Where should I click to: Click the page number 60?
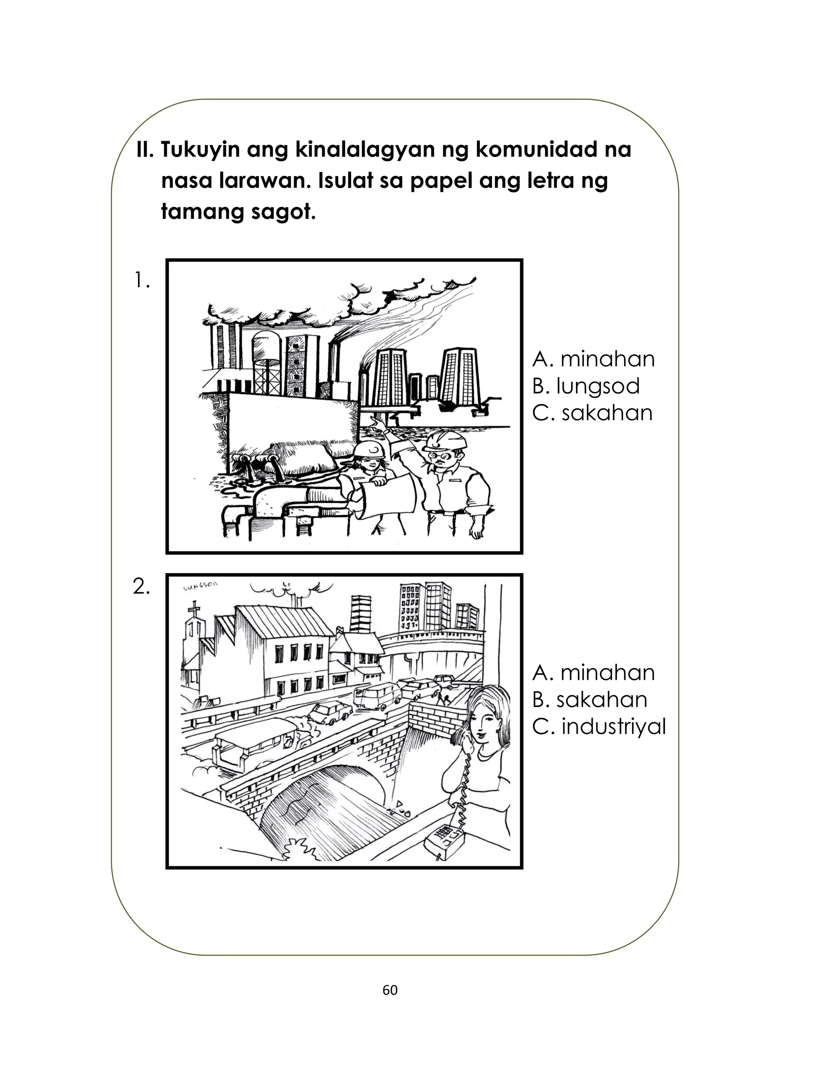click(390, 990)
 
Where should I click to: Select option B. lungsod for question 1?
click(586, 386)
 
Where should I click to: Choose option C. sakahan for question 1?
click(592, 413)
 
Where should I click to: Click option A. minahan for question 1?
click(593, 359)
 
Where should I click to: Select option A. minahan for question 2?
click(593, 673)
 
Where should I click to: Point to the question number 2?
click(142, 587)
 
